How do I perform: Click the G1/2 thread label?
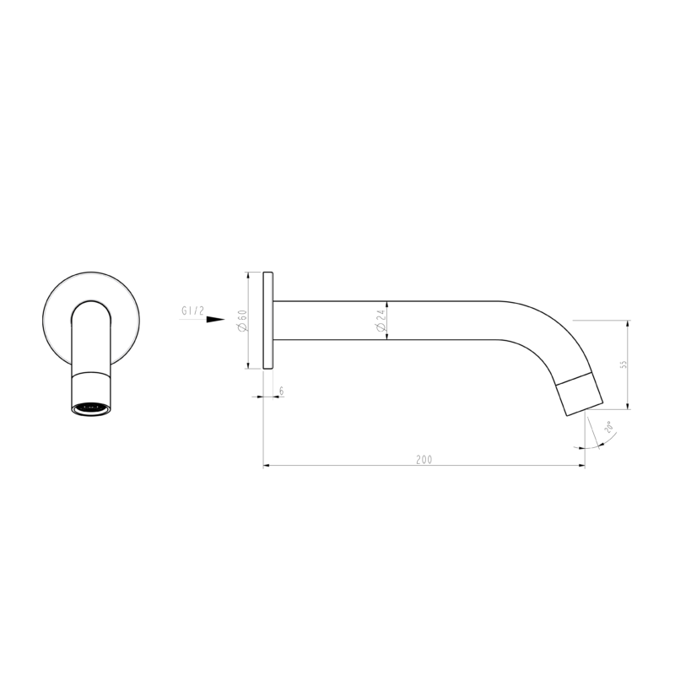pyautogui.click(x=192, y=311)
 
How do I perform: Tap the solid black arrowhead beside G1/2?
pyautogui.click(x=216, y=320)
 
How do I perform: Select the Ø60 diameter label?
pyautogui.click(x=241, y=321)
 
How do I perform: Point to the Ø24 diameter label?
pyautogui.click(x=381, y=321)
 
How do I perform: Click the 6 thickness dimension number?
pyautogui.click(x=280, y=391)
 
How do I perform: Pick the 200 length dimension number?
pyautogui.click(x=424, y=460)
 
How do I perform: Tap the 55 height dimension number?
pyautogui.click(x=624, y=364)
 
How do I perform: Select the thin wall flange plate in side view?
pyautogui.click(x=268, y=320)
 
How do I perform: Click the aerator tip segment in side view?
pyautogui.click(x=581, y=393)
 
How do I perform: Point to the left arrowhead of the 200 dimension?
pyautogui.click(x=267, y=465)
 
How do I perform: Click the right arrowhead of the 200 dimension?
pyautogui.click(x=580, y=465)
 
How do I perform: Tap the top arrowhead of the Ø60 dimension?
pyautogui.click(x=247, y=276)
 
